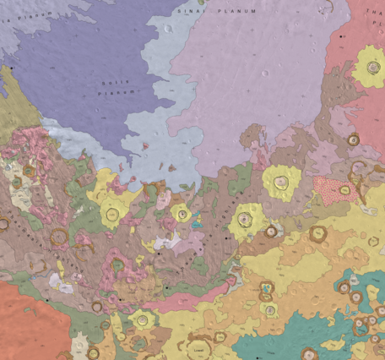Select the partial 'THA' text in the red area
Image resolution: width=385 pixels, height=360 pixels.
(x=375, y=13)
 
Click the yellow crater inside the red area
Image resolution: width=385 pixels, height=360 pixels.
(x=370, y=65)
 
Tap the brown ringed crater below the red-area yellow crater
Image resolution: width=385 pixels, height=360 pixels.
(x=353, y=139)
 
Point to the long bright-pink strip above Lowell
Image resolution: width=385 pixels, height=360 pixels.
(x=182, y=297)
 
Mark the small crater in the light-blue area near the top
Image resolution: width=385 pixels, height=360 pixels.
(x=168, y=28)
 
